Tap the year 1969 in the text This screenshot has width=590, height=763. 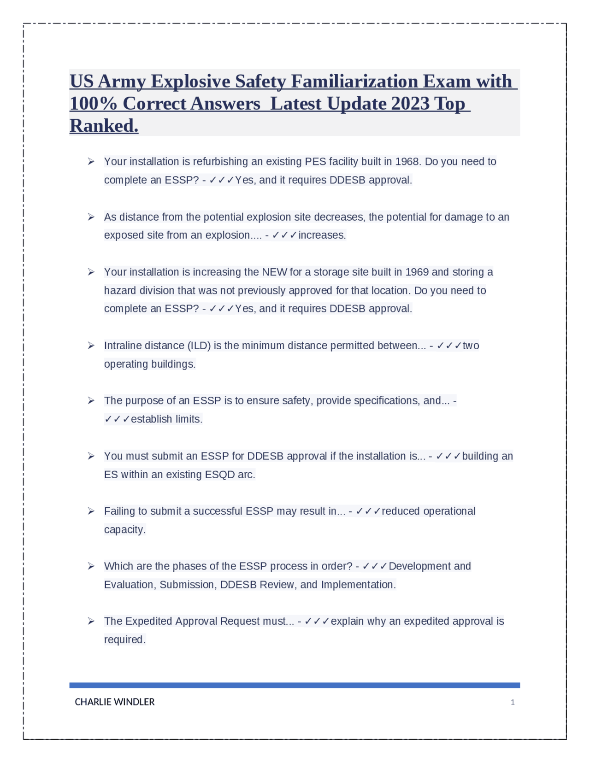coord(417,272)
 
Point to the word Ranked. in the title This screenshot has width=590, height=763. coord(104,126)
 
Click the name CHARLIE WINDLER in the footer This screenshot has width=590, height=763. coord(115,702)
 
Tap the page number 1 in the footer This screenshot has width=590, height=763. coord(513,702)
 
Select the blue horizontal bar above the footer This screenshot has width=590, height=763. coord(295,685)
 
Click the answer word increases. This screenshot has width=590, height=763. coord(322,235)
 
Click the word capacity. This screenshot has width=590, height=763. coord(124,530)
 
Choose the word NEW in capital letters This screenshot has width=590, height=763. coord(274,272)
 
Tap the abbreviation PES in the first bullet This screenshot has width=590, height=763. coord(315,162)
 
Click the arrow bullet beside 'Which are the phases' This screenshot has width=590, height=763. coord(91,566)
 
